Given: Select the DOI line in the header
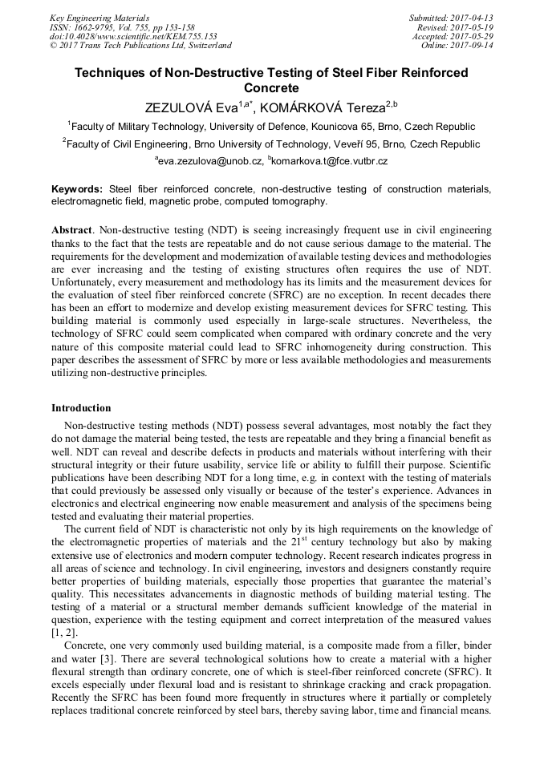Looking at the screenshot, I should click(x=133, y=36).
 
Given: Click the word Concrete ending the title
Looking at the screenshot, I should click(x=270, y=87).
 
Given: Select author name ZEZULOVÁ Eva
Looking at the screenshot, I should click(x=191, y=107).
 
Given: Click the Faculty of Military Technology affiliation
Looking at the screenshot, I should click(x=273, y=127).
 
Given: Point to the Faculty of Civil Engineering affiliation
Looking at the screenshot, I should click(x=273, y=144).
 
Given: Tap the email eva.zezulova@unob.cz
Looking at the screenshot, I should click(x=210, y=162).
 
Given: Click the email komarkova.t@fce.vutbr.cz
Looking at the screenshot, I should click(x=331, y=162).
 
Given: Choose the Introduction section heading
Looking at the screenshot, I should click(x=81, y=408).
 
